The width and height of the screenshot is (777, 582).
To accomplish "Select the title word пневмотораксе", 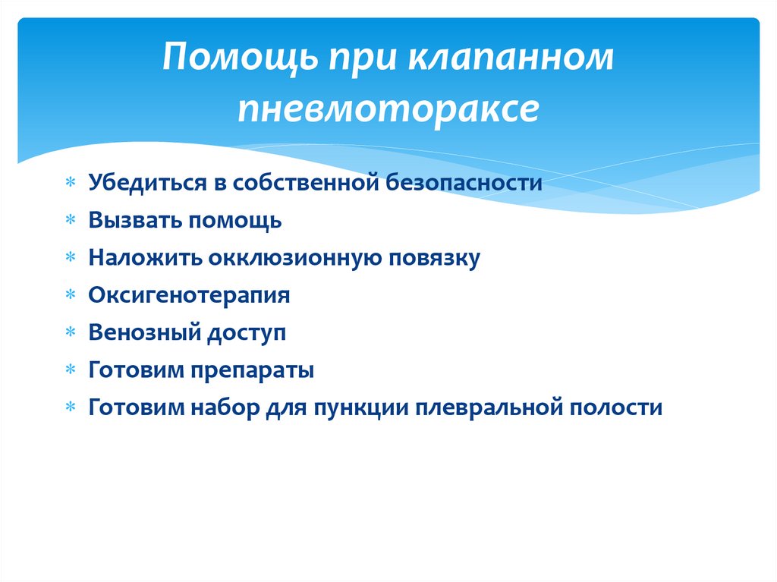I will point(388,109).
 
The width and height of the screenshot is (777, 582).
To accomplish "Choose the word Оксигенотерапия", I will point(189,295).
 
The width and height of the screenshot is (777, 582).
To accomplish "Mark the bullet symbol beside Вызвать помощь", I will point(70,221).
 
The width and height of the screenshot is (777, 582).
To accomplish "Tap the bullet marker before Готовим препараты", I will point(70,370).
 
